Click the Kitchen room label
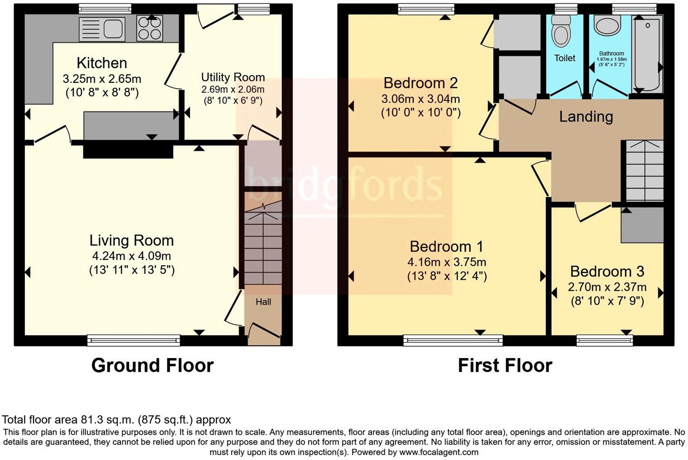101,63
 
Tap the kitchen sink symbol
102,29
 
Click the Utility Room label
233,77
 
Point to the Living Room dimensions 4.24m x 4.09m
131,256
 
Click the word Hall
263,302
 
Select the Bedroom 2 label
420,83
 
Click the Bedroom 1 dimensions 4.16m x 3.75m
446,262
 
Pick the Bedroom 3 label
607,272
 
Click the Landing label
586,117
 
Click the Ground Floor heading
152,365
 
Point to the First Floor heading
505,365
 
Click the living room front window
134,340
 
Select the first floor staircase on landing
644,171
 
